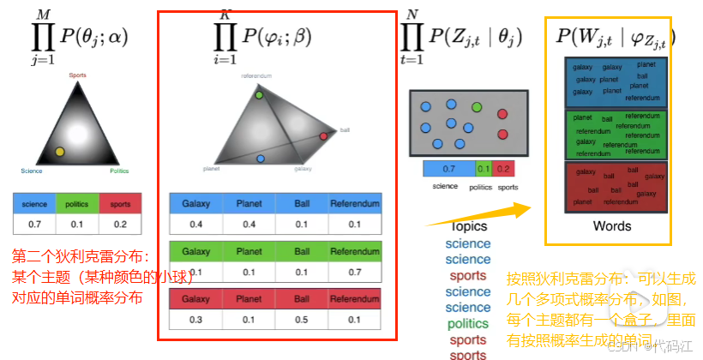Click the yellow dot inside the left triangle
click(59, 152)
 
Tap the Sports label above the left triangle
click(76, 75)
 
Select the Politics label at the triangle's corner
click(119, 171)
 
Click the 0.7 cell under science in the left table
click(33, 224)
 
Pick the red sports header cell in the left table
click(120, 204)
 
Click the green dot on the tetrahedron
click(259, 94)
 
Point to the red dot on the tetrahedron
click(323, 136)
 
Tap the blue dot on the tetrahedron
click(261, 159)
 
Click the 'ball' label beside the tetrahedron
click(345, 130)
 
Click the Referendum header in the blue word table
click(355, 204)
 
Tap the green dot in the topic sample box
click(477, 107)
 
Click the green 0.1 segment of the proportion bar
click(484, 169)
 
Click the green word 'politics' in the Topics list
click(468, 324)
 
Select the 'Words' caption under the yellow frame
click(611, 226)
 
